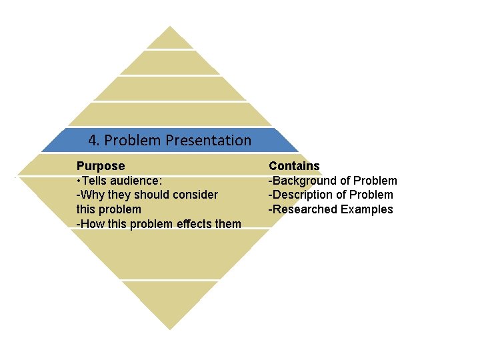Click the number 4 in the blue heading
pos(93,141)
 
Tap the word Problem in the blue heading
pos(133,141)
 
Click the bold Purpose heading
pos(101,166)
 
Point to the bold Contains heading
pos(294,166)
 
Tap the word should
pos(150,195)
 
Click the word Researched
pos(304,209)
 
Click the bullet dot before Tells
pos(79,181)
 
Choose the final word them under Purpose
pos(229,224)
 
